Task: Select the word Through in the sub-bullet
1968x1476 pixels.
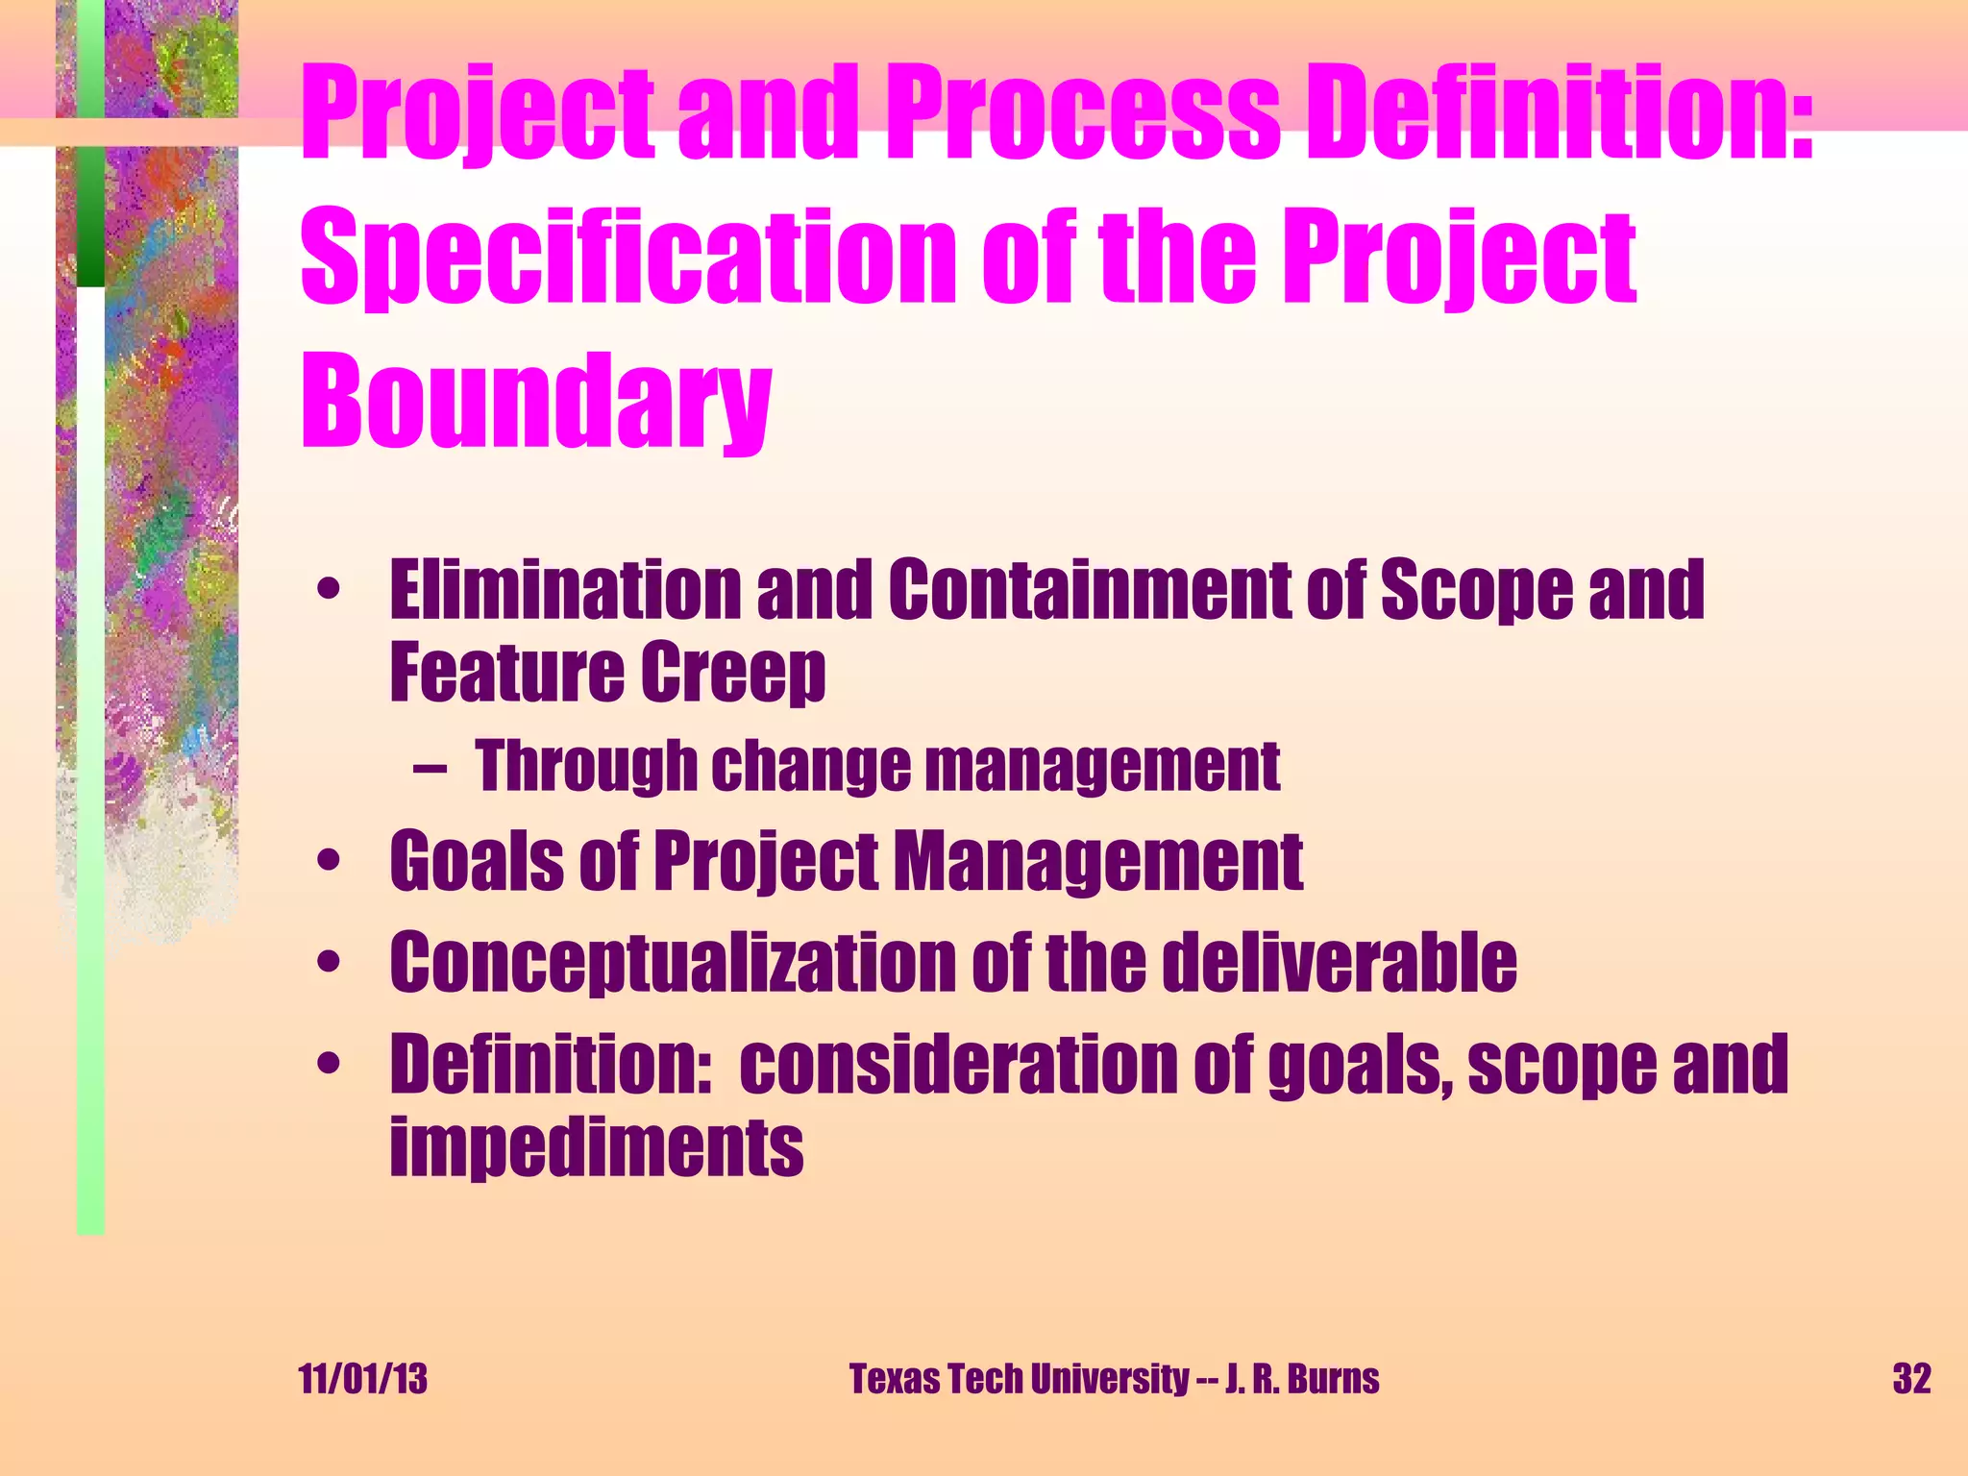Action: click(585, 767)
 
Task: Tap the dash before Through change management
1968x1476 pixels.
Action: click(429, 769)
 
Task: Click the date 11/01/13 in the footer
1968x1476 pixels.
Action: click(363, 1379)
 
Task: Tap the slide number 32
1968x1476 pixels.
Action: click(1911, 1379)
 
